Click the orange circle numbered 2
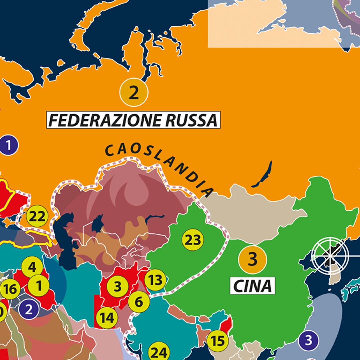point(133,92)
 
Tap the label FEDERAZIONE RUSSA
point(133,120)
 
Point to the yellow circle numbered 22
point(37,216)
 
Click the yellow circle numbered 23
point(193,239)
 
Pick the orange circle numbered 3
point(253,259)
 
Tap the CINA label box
point(253,286)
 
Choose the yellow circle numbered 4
point(32,267)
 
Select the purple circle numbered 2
point(29,309)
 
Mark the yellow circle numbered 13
point(155,280)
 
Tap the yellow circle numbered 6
point(139,302)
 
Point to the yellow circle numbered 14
point(107,318)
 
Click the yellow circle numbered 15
point(218,340)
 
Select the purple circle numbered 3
point(308,340)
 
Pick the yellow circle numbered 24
point(159,352)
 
